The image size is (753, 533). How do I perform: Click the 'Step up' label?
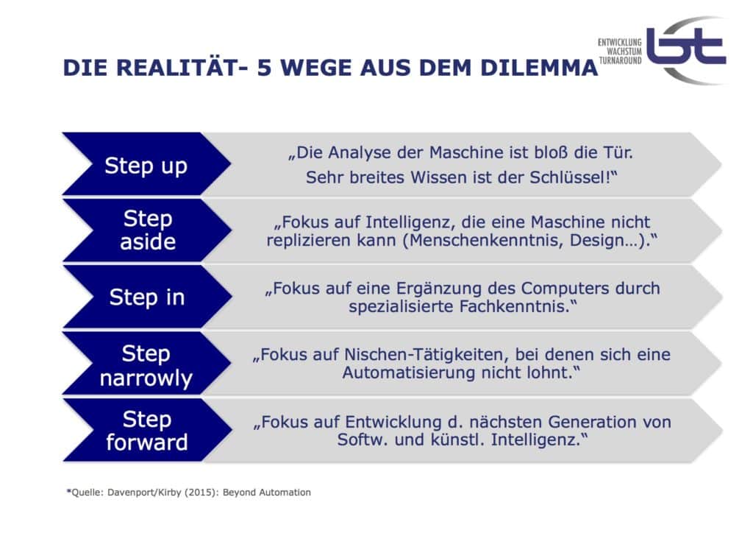pyautogui.click(x=146, y=165)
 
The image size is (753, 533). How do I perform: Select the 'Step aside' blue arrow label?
pyautogui.click(x=147, y=230)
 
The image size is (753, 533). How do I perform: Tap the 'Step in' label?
pyautogui.click(x=146, y=297)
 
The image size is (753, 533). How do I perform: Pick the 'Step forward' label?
pyautogui.click(x=146, y=431)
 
